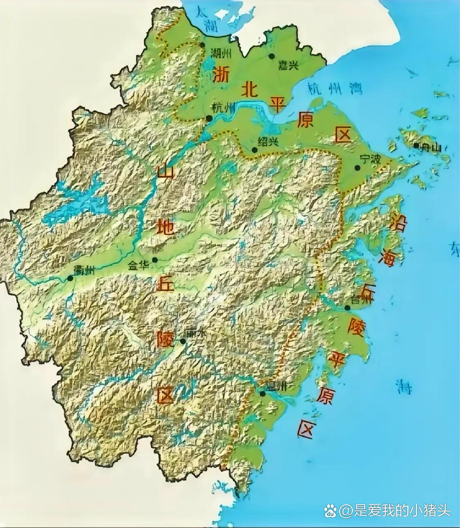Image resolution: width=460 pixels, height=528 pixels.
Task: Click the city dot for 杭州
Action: click(209, 118)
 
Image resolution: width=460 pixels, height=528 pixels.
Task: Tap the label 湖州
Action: click(221, 53)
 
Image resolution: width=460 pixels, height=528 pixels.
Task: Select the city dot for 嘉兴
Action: click(272, 56)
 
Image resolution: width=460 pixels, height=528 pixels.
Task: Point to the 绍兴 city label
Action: click(268, 141)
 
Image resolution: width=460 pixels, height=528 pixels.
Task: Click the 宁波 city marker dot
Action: click(357, 168)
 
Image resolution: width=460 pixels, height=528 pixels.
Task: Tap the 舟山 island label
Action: click(431, 148)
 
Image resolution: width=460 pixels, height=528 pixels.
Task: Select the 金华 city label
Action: click(139, 266)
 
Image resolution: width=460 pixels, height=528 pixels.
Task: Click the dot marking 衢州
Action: click(70, 278)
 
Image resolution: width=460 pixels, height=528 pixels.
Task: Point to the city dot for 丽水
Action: click(183, 341)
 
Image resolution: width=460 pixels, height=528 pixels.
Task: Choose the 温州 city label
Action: click(277, 386)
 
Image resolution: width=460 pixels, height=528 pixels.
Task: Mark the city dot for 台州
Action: click(347, 308)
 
